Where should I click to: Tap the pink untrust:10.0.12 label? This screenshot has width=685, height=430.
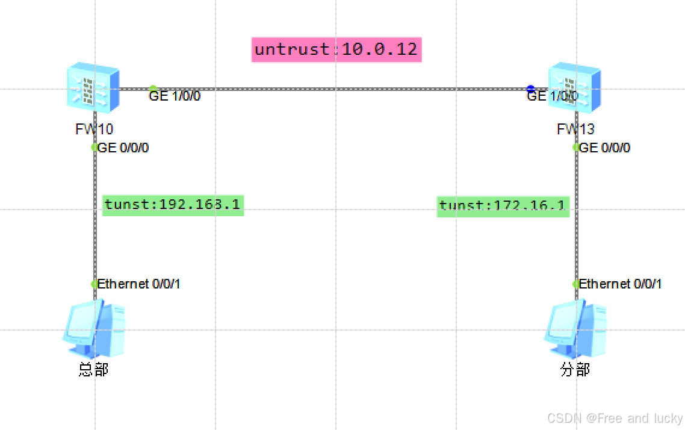pos(336,49)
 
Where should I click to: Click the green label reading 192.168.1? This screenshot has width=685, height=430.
pos(173,205)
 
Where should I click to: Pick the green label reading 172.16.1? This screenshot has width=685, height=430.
pos(503,206)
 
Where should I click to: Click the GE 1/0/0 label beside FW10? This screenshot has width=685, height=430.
pos(175,96)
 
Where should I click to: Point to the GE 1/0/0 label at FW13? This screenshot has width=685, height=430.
pos(552,96)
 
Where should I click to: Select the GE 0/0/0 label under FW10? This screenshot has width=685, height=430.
pos(123,148)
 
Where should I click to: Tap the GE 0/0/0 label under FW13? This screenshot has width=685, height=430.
pos(604,148)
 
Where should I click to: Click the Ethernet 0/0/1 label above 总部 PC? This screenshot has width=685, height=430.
pos(138,284)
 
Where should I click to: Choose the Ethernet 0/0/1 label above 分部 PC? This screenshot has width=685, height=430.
pos(620,284)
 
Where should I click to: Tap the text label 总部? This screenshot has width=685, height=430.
pos(93,369)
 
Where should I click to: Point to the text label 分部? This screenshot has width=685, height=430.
pos(575,369)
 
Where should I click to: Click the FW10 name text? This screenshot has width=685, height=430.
pos(94,128)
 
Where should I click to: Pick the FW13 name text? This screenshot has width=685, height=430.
pos(575,128)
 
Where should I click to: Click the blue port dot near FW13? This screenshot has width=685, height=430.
pos(530,89)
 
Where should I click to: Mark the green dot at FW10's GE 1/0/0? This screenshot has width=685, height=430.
pos(153,89)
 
